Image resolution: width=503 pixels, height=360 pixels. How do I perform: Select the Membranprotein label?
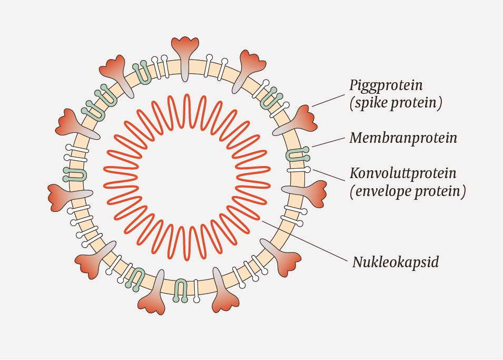click(403, 138)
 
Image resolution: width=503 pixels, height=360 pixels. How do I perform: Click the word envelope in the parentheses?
click(384, 191)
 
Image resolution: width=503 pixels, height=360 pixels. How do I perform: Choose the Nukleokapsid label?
click(395, 261)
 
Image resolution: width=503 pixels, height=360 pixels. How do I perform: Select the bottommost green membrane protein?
click(181, 289)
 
